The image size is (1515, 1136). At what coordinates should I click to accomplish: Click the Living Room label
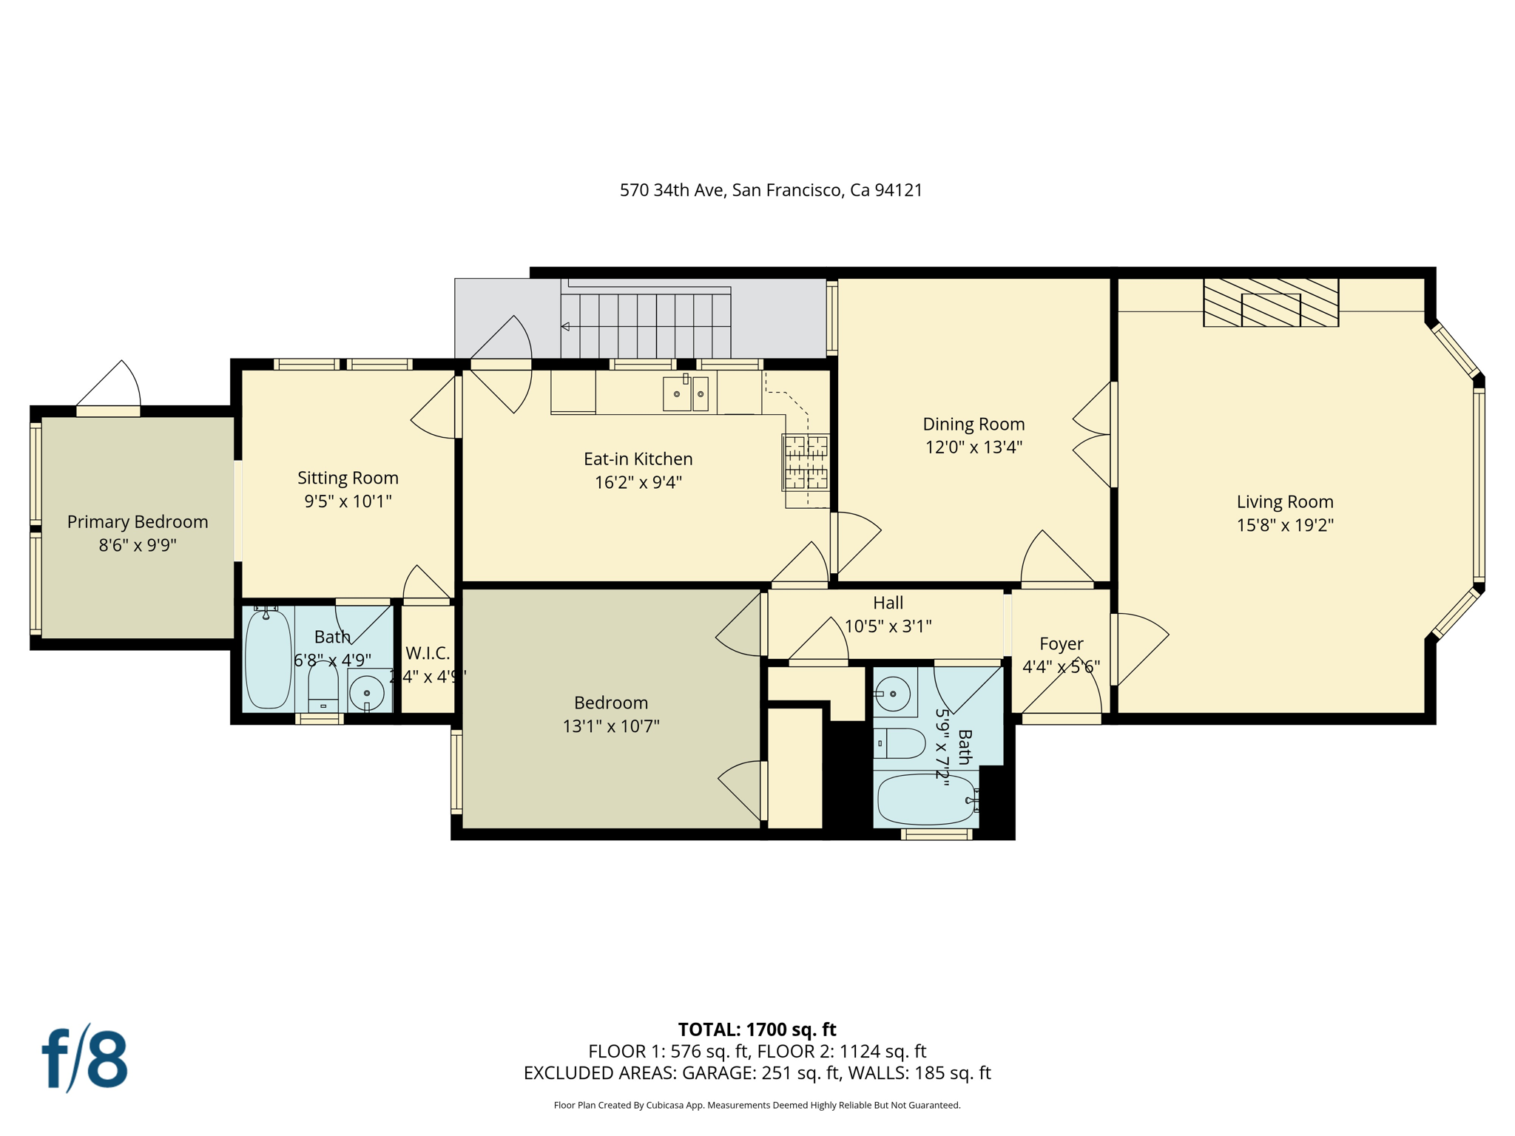click(x=1284, y=501)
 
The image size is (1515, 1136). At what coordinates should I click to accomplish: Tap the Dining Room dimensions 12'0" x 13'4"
click(x=974, y=447)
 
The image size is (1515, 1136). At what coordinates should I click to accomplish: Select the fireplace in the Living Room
click(x=1270, y=302)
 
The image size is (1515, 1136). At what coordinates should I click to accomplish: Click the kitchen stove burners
click(x=806, y=463)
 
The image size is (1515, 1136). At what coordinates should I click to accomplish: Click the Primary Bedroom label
click(x=138, y=521)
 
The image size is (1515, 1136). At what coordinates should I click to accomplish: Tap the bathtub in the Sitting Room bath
click(x=268, y=658)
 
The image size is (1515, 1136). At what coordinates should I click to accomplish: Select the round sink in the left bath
click(x=367, y=694)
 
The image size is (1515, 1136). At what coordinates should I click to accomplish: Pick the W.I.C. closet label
click(x=428, y=653)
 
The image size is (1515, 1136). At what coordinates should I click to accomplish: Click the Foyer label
click(x=1061, y=643)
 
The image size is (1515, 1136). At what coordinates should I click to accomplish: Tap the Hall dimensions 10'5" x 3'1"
click(x=888, y=626)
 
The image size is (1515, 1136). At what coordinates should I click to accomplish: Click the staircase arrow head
click(x=565, y=326)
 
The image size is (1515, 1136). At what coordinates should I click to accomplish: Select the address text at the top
click(x=771, y=190)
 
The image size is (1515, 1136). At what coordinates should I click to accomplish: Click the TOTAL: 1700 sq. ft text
click(x=757, y=1029)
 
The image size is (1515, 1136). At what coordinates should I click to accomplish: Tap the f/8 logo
click(x=84, y=1059)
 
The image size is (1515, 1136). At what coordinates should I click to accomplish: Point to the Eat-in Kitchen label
click(x=638, y=459)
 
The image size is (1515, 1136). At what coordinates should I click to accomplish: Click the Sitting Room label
click(x=348, y=478)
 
